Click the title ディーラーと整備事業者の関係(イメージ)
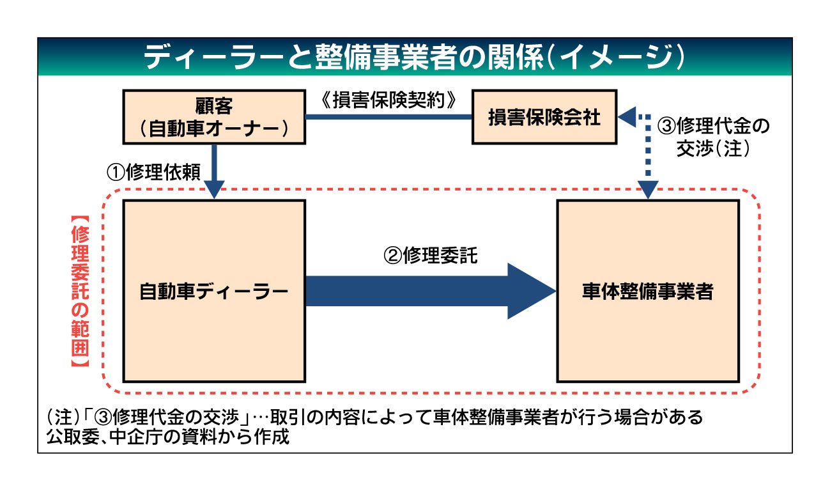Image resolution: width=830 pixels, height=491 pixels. pyautogui.click(x=414, y=57)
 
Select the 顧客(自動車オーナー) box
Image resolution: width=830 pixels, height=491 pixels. pyautogui.click(x=213, y=116)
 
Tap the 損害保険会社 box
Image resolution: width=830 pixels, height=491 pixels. pyautogui.click(x=545, y=118)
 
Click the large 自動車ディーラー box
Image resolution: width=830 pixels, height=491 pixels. pyautogui.click(x=213, y=291)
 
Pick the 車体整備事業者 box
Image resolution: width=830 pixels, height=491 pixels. pyautogui.click(x=648, y=291)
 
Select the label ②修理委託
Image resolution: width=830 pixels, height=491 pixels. pyautogui.click(x=430, y=256)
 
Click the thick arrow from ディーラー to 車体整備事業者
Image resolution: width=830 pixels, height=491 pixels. pyautogui.click(x=428, y=291)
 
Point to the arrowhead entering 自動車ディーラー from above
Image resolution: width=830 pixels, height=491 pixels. pyautogui.click(x=213, y=190)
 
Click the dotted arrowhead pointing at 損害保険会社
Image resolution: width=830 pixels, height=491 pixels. pyautogui.click(x=629, y=118)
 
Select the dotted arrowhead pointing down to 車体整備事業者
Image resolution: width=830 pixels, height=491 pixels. pyautogui.click(x=648, y=189)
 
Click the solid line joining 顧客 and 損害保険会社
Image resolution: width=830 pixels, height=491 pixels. pyautogui.click(x=388, y=118)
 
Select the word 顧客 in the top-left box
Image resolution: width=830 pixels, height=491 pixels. pyautogui.click(x=213, y=105)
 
